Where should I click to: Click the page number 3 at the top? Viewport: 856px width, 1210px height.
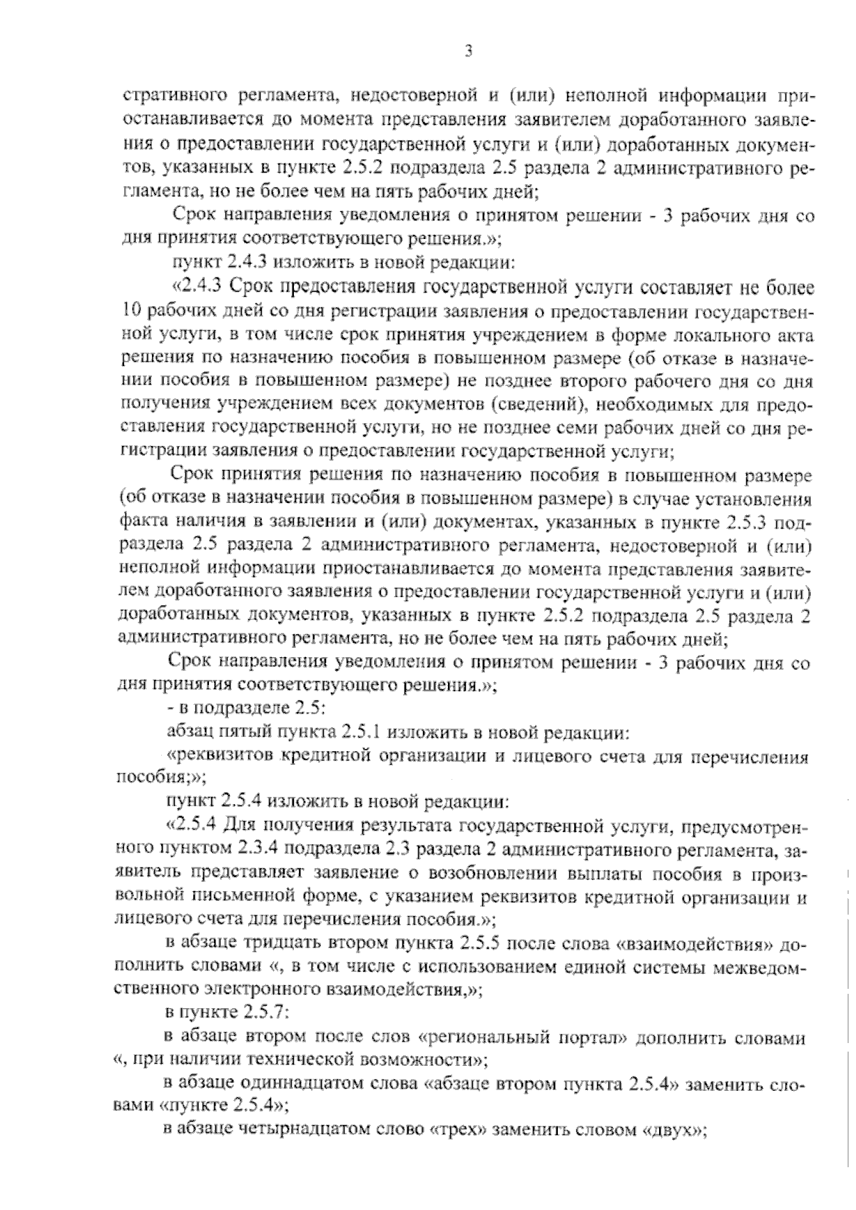pyautogui.click(x=467, y=51)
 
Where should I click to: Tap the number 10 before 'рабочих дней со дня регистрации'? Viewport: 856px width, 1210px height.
pyautogui.click(x=133, y=312)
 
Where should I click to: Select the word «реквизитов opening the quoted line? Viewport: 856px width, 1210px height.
pyautogui.click(x=215, y=758)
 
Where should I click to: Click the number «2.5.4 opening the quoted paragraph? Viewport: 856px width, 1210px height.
pyautogui.click(x=193, y=827)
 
